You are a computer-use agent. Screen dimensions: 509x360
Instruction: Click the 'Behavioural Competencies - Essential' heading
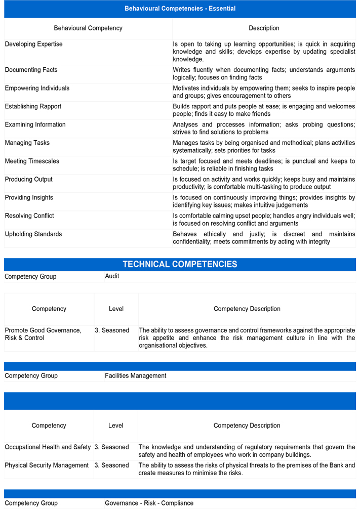180,9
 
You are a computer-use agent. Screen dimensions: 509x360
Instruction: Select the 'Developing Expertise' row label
34,45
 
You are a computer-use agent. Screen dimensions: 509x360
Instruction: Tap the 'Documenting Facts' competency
31,70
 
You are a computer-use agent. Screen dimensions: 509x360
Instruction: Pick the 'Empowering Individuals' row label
37,89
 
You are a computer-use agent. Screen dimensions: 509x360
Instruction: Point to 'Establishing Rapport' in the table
33,107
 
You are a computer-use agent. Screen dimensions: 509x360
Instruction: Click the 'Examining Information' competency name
35,125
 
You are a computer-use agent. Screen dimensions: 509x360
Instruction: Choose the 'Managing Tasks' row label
27,143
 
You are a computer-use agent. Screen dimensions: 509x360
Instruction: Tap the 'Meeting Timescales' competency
32,161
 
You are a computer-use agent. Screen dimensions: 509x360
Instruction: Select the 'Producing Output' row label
29,180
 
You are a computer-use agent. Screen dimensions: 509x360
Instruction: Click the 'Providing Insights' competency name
29,198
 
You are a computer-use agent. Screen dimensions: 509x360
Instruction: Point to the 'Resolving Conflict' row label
29,216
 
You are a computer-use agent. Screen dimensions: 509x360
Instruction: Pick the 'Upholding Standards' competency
33,234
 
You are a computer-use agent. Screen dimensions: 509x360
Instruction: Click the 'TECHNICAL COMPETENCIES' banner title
180,264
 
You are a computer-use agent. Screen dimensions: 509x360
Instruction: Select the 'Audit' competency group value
112,276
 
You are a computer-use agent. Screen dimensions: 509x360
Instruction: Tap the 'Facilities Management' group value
136,375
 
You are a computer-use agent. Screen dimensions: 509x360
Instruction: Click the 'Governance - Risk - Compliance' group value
149,503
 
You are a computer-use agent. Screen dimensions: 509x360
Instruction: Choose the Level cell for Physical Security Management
112,465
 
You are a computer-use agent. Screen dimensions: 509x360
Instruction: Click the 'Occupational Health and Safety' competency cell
48,447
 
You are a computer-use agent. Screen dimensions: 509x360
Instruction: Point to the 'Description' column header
264,28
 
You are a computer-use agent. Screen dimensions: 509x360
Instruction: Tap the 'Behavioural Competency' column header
88,28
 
